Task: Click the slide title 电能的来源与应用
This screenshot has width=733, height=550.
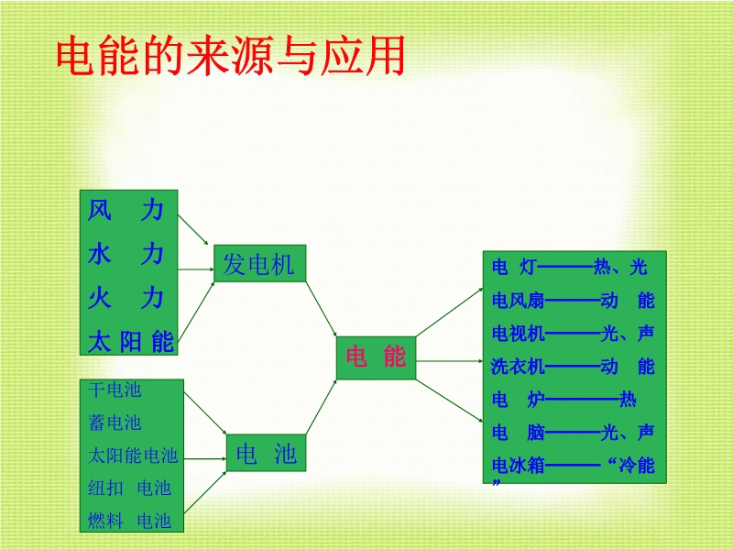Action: pyautogui.click(x=230, y=57)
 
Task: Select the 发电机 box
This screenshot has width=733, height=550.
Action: pyautogui.click(x=259, y=264)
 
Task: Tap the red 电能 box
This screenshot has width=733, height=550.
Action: pyautogui.click(x=376, y=357)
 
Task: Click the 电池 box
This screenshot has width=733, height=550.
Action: pyautogui.click(x=266, y=453)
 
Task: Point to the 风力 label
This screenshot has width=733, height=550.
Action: pyautogui.click(x=126, y=210)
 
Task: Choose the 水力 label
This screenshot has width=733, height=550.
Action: pyautogui.click(x=126, y=254)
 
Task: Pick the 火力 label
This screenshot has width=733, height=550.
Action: pyautogui.click(x=126, y=298)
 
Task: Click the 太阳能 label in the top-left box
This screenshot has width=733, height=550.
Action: pyautogui.click(x=130, y=342)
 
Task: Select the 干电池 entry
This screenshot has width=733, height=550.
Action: pyautogui.click(x=115, y=390)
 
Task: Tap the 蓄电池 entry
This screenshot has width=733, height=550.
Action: pyautogui.click(x=115, y=423)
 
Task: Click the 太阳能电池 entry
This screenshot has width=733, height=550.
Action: pyautogui.click(x=133, y=456)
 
